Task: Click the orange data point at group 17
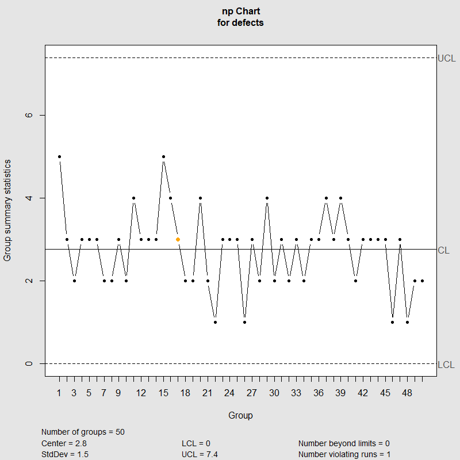click(x=178, y=239)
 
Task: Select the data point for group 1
click(x=59, y=156)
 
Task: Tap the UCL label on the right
click(x=446, y=58)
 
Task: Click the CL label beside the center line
click(x=443, y=250)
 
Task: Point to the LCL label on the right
click(x=446, y=365)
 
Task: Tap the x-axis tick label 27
click(x=252, y=393)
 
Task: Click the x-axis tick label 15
click(x=163, y=393)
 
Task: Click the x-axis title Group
click(x=240, y=415)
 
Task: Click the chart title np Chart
click(x=241, y=11)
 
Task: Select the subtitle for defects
click(x=241, y=23)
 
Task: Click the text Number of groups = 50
click(x=83, y=432)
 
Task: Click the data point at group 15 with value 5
click(x=163, y=156)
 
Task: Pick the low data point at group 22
click(x=215, y=322)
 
